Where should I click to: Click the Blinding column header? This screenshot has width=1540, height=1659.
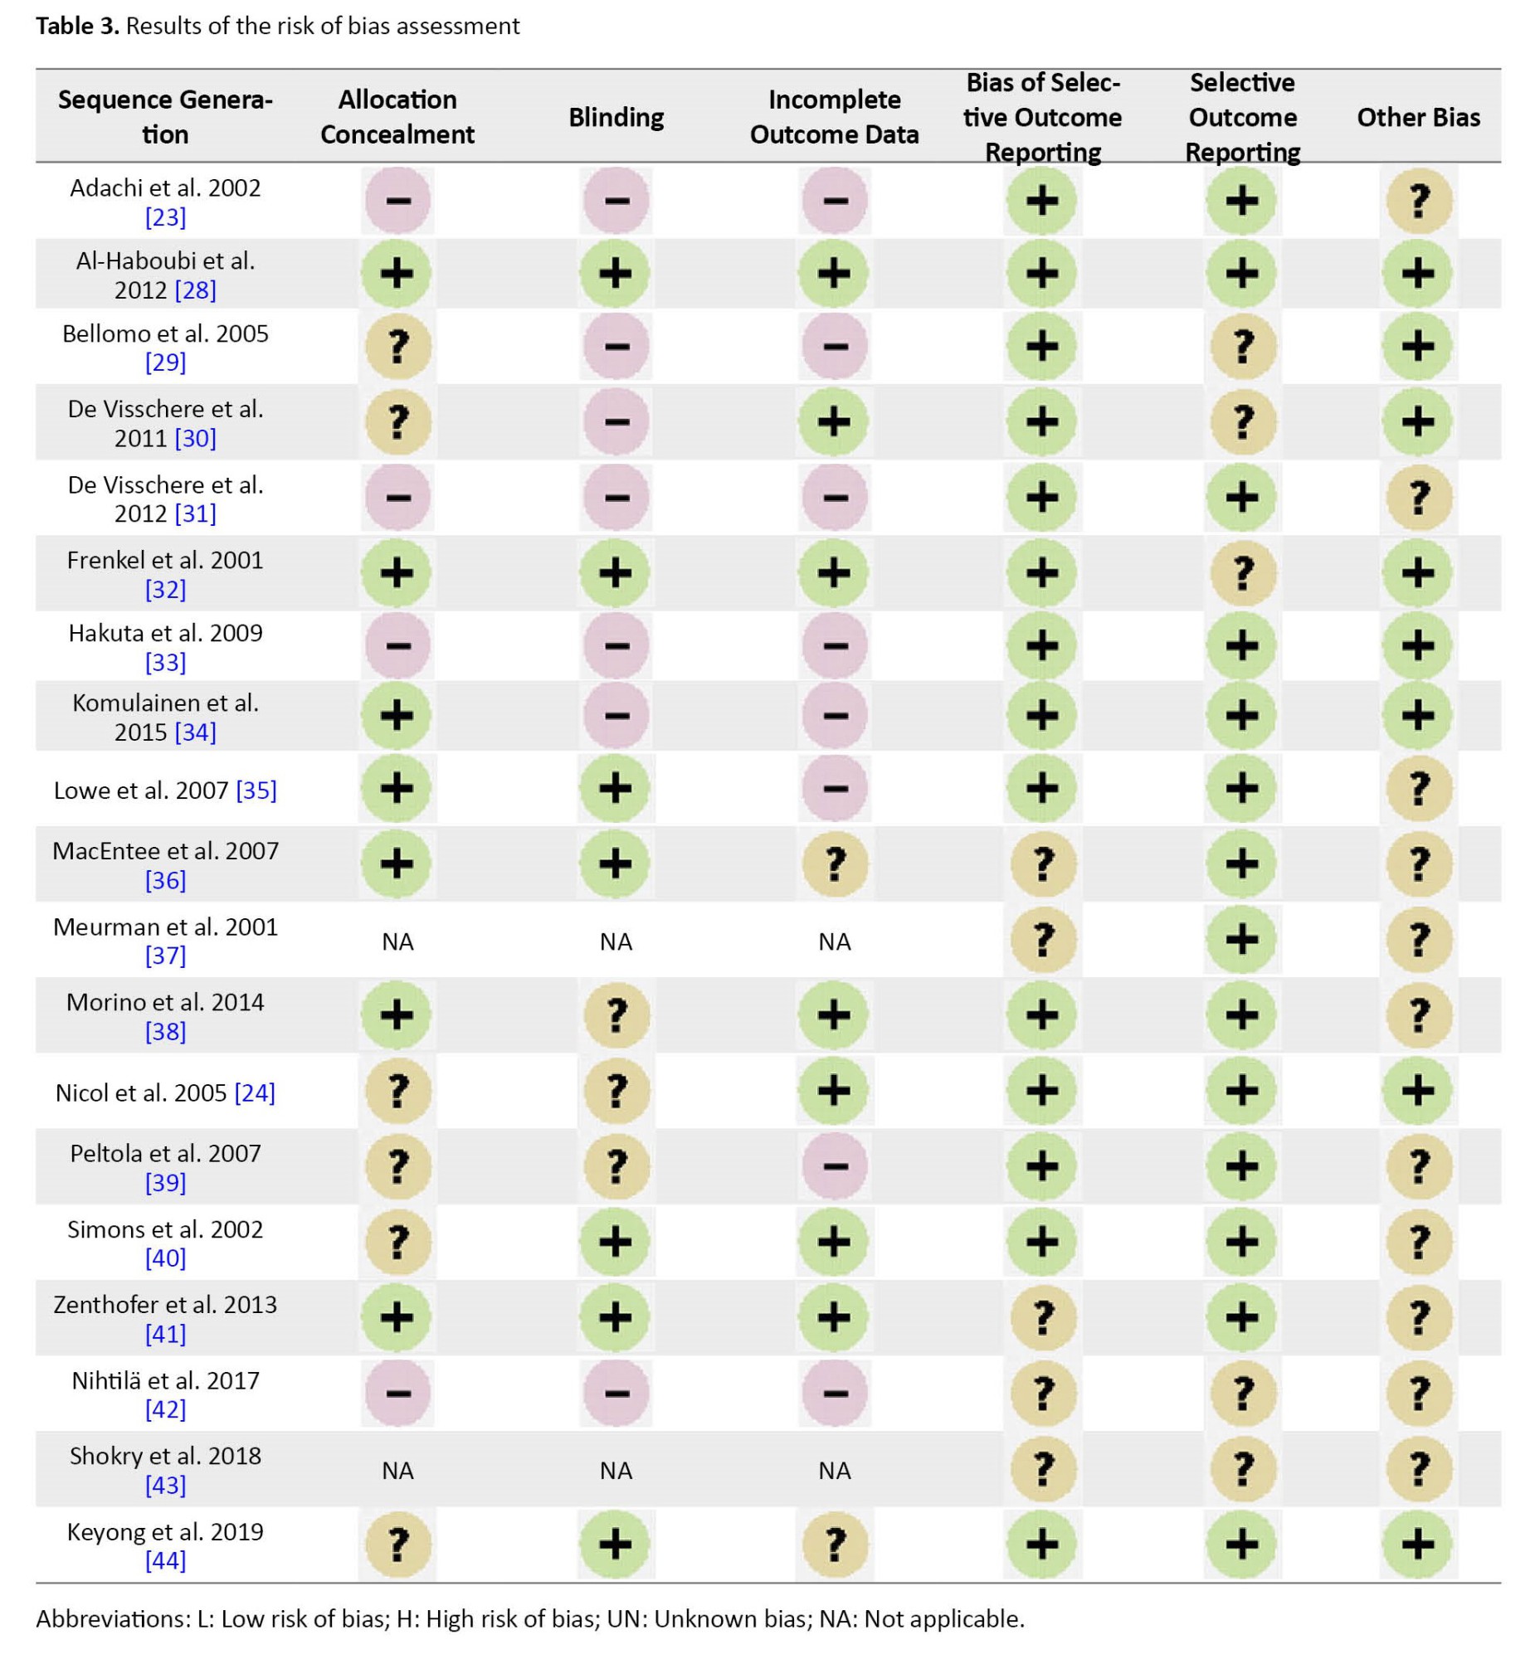[616, 118]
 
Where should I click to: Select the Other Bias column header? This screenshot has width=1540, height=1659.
[1418, 118]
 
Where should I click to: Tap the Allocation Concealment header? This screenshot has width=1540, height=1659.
[397, 117]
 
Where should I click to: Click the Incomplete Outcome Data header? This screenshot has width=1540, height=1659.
[834, 117]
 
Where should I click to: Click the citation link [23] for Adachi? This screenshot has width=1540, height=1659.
[165, 217]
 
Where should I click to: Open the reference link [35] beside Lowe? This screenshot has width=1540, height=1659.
[256, 790]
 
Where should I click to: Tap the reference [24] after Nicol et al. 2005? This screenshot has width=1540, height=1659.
[254, 1092]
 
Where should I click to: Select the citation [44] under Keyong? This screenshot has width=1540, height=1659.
[165, 1560]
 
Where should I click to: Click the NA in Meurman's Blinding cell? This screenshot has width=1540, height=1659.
[616, 941]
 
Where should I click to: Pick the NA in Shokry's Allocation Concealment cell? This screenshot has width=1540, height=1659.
[397, 1471]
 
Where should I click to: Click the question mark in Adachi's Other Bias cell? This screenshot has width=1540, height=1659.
[1418, 201]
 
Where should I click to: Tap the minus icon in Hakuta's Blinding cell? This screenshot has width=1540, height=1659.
[616, 646]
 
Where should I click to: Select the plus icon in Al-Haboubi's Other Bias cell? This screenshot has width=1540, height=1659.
[1418, 273]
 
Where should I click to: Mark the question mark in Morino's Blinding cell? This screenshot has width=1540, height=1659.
[616, 1015]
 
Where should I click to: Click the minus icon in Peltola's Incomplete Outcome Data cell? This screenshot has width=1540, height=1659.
[834, 1165]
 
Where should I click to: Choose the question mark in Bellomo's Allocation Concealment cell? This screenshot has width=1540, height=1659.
[397, 346]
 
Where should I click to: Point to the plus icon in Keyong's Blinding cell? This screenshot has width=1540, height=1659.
[616, 1545]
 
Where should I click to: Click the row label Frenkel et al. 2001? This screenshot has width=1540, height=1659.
[165, 560]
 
